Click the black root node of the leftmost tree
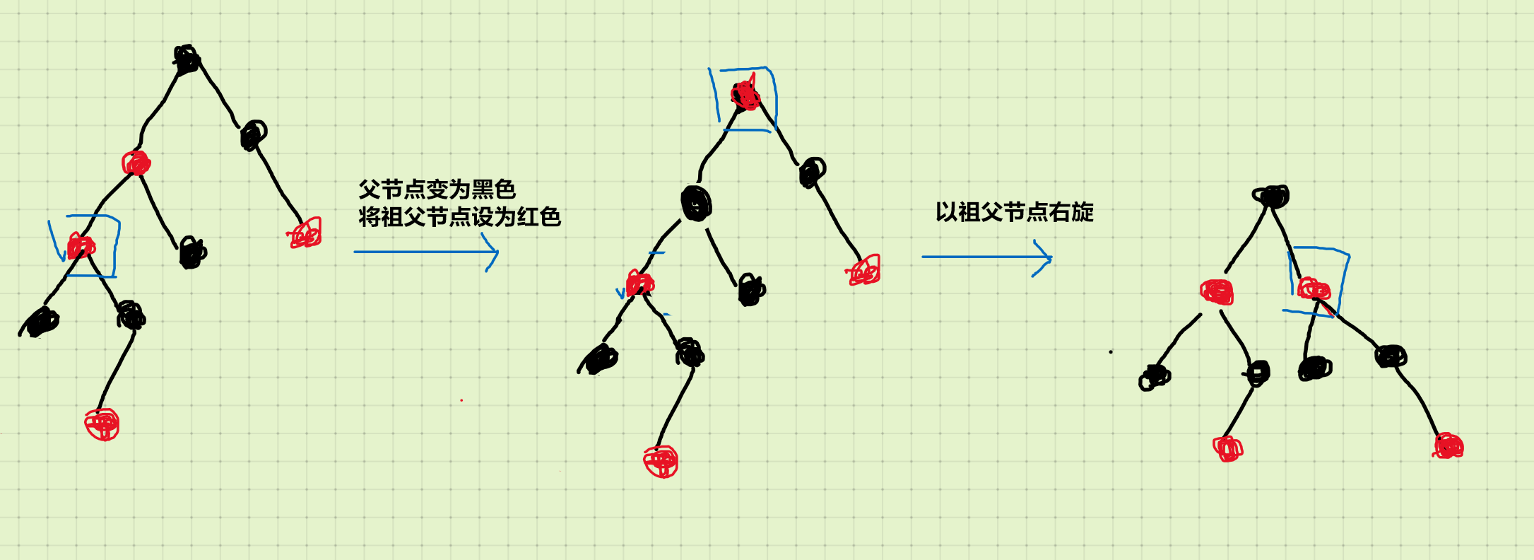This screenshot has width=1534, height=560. [x=187, y=59]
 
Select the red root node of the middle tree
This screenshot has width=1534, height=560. [x=745, y=95]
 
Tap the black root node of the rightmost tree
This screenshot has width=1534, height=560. [x=1272, y=196]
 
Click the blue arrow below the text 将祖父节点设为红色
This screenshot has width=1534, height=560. [x=426, y=252]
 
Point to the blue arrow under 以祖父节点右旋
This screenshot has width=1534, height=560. [x=986, y=257]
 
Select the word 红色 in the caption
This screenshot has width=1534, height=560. [x=538, y=217]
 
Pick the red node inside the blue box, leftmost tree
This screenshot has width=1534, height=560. [x=81, y=247]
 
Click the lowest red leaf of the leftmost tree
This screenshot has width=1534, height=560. [x=102, y=424]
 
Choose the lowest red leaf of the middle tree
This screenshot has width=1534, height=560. [x=661, y=462]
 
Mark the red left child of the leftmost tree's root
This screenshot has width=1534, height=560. [x=136, y=163]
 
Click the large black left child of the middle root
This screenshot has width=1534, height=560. [x=697, y=204]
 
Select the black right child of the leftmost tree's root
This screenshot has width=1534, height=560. [x=253, y=134]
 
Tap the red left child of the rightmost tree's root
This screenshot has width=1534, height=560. [x=1217, y=291]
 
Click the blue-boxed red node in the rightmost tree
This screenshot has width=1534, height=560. [x=1314, y=288]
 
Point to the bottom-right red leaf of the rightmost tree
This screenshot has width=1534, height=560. [x=1449, y=446]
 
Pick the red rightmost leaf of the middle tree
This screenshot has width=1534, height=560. [x=864, y=271]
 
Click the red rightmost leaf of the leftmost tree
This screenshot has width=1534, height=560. [x=306, y=233]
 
